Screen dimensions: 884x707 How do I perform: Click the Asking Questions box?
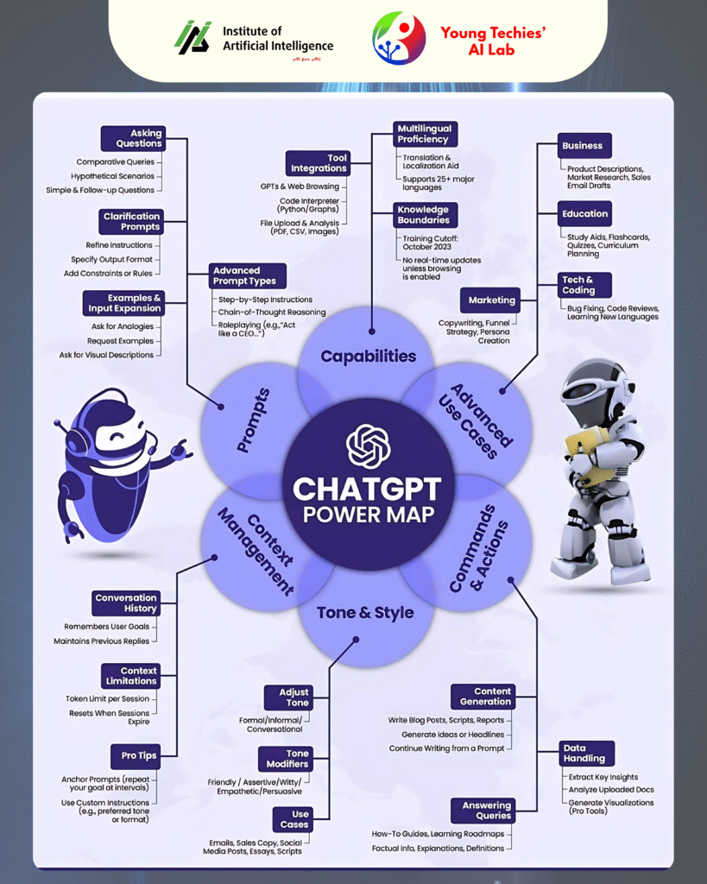tap(132, 138)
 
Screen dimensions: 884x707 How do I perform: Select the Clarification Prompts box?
tap(132, 221)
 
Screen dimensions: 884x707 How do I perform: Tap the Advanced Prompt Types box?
tap(244, 275)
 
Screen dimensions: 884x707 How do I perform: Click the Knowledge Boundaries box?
tap(423, 214)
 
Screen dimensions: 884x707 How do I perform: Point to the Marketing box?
tap(491, 300)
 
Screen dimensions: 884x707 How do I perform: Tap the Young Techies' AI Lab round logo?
tap(399, 39)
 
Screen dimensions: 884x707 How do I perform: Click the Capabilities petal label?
tap(369, 356)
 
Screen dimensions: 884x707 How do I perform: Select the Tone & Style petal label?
tap(365, 613)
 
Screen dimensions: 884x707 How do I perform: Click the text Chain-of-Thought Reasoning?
tap(272, 312)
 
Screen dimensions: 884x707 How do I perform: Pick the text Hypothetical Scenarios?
tap(112, 176)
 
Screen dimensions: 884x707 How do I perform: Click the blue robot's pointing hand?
tap(179, 448)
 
